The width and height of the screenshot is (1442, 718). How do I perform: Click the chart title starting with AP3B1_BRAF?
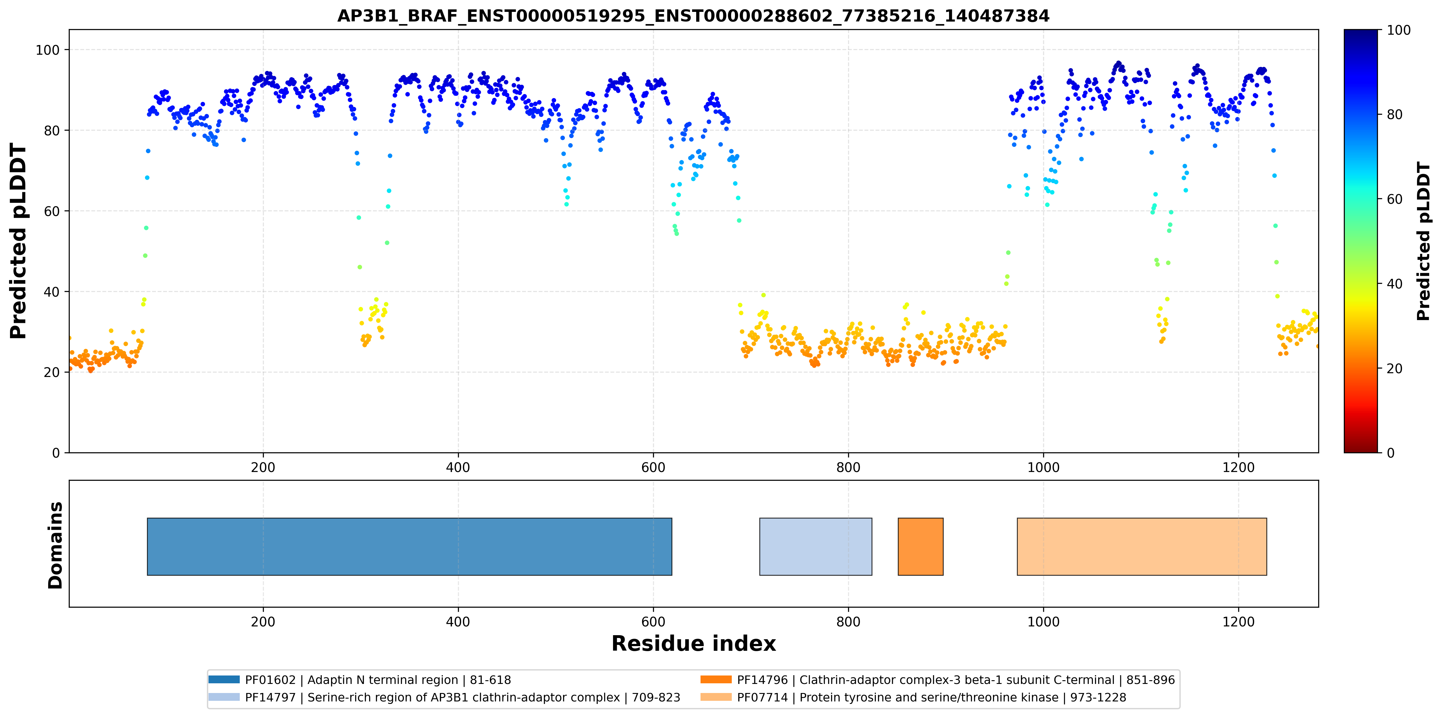[693, 16]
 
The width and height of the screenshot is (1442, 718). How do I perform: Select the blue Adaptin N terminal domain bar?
[409, 546]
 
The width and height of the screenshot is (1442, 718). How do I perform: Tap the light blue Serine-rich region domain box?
[816, 546]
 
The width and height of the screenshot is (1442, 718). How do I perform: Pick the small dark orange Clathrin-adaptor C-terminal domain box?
[920, 546]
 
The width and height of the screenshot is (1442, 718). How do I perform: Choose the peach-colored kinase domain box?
[1142, 546]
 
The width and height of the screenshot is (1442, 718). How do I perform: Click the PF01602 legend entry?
[360, 680]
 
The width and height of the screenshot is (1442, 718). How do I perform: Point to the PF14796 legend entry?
[938, 680]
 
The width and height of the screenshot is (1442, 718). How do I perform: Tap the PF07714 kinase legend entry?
[913, 697]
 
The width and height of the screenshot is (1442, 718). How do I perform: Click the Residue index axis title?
[694, 644]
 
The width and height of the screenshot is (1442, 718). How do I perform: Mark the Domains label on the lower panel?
[55, 545]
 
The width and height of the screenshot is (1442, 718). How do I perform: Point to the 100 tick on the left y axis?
[48, 50]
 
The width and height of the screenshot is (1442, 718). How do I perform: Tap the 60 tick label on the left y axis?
[52, 211]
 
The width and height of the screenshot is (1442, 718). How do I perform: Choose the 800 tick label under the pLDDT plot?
[848, 467]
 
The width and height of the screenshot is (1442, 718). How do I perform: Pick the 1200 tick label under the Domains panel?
[1238, 622]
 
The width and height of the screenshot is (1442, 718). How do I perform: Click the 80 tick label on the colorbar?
[1394, 115]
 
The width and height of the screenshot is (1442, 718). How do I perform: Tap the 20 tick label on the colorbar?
[1394, 368]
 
